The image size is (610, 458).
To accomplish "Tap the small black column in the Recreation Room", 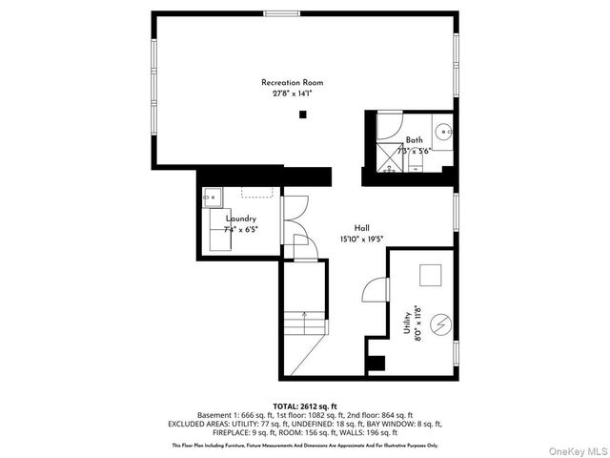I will (x=303, y=114).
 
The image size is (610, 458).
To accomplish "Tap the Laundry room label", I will (x=240, y=219).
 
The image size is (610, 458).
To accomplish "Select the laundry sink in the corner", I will (x=212, y=198).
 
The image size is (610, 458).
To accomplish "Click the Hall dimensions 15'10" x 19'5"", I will (x=362, y=239).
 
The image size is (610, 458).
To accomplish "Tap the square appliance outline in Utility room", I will (x=433, y=274).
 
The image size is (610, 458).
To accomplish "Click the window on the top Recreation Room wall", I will (x=279, y=12).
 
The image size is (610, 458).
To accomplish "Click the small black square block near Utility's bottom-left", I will (x=376, y=363).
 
